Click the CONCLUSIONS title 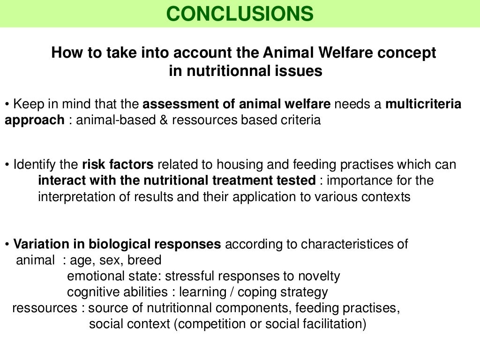pos(240,14)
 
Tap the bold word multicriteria pos(423,104)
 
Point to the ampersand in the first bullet pos(164,120)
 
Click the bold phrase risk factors pos(118,165)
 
